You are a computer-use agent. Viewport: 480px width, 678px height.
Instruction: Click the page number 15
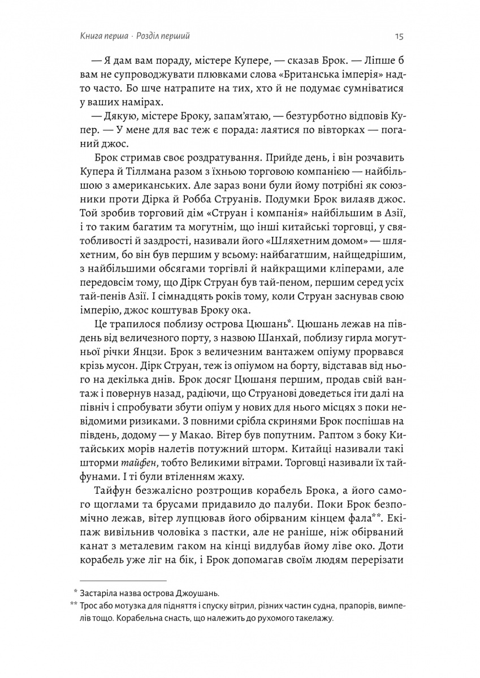(398, 37)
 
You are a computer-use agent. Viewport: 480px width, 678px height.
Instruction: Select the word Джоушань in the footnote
(200, 593)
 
